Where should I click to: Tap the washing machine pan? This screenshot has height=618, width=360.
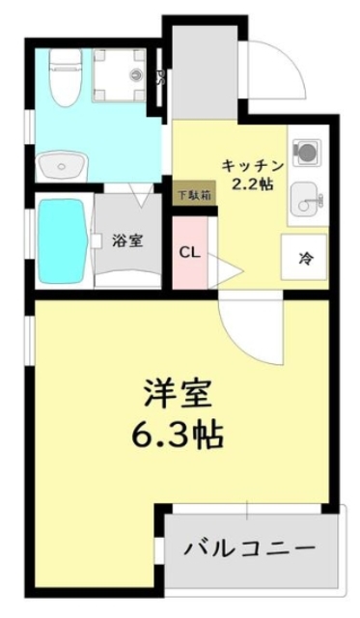coord(120,74)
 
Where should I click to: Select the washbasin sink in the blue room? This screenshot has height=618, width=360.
coord(61,166)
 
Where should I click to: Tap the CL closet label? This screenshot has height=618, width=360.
coord(189,253)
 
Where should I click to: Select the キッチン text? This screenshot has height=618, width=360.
coord(254,163)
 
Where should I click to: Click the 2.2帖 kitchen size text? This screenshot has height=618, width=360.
coord(252,183)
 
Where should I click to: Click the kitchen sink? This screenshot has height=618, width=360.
coord(309,200)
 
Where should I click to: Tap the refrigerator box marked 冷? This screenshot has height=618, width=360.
coord(305,258)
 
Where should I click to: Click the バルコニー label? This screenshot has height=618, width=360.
coord(251,548)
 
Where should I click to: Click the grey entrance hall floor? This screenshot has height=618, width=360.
coord(204,72)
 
